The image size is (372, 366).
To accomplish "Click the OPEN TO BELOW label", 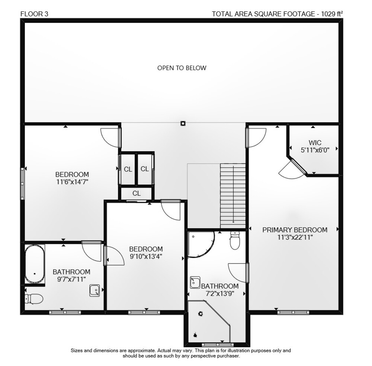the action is pos(182,68).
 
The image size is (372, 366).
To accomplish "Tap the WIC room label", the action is pos(315,143).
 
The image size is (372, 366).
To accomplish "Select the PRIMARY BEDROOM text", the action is pos(295,230).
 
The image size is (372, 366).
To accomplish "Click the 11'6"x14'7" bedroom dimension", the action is pos(72,182).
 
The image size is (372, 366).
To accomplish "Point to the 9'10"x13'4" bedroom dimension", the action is pos(146,256).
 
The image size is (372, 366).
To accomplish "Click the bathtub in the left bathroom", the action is pos(35,264).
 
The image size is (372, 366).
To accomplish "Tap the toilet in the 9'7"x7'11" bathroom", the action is pos(34,299).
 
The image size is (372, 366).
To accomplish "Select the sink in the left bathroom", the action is pos(94,290).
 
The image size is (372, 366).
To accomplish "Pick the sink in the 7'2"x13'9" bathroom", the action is pos(195,283).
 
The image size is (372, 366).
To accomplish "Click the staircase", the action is pos(233,196).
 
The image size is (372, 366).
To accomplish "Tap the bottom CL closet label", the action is pos(137,193).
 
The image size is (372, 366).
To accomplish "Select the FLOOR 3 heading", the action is pos(34,14).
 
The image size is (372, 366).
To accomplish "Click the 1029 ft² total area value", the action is pos(332,14).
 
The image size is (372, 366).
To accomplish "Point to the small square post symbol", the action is pos(183,123).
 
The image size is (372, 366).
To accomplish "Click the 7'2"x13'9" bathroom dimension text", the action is pos(220,294).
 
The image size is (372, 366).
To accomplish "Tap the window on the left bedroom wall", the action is pos(22,183).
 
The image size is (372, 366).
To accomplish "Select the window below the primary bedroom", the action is pos(293,312).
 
